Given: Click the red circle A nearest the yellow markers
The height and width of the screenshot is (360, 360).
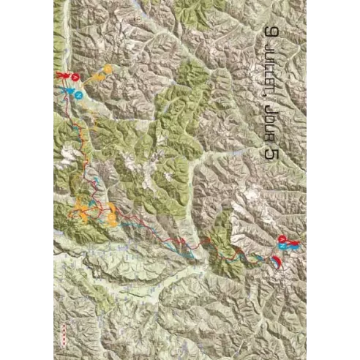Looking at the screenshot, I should (x=75, y=78).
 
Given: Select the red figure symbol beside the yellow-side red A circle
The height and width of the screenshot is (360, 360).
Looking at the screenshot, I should (x=61, y=75).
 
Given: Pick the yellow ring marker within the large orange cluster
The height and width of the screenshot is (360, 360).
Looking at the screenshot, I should (x=111, y=216).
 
